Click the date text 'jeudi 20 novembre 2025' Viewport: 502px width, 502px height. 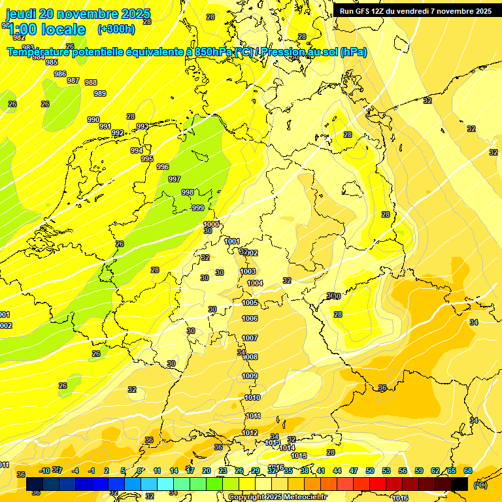point(78,14)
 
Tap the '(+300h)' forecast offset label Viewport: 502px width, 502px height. point(116,29)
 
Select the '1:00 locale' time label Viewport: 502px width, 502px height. point(46,29)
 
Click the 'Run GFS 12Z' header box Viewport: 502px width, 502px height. point(416,10)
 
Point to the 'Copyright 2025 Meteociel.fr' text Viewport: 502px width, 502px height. point(276,497)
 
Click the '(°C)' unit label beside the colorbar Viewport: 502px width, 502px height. point(480,485)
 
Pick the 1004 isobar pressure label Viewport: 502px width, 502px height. point(255,283)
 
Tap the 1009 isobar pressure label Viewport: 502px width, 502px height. point(250,376)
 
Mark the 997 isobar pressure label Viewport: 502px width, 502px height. point(175,179)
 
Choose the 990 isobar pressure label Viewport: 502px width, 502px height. point(93,120)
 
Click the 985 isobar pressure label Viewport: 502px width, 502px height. point(52,62)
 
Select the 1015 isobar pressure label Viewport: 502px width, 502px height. point(299,456)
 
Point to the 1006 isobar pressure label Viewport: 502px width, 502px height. point(250,318)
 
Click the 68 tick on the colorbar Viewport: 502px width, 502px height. point(468,471)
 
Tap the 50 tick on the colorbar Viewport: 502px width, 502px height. point(370,471)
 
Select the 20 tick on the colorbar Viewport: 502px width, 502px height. point(207,471)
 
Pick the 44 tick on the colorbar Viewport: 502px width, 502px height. point(337,471)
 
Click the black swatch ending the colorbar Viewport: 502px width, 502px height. point(460,484)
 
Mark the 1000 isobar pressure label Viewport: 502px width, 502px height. point(211,224)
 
